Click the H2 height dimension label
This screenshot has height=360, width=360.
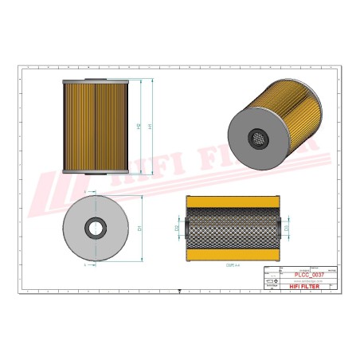pos(139,126)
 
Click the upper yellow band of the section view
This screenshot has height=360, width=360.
pos(231,204)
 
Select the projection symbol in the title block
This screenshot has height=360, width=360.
pos(268,282)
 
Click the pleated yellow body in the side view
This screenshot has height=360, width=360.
pos(94,126)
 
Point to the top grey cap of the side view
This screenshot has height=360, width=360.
pos(94,82)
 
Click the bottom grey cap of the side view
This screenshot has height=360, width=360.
pos(94,170)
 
